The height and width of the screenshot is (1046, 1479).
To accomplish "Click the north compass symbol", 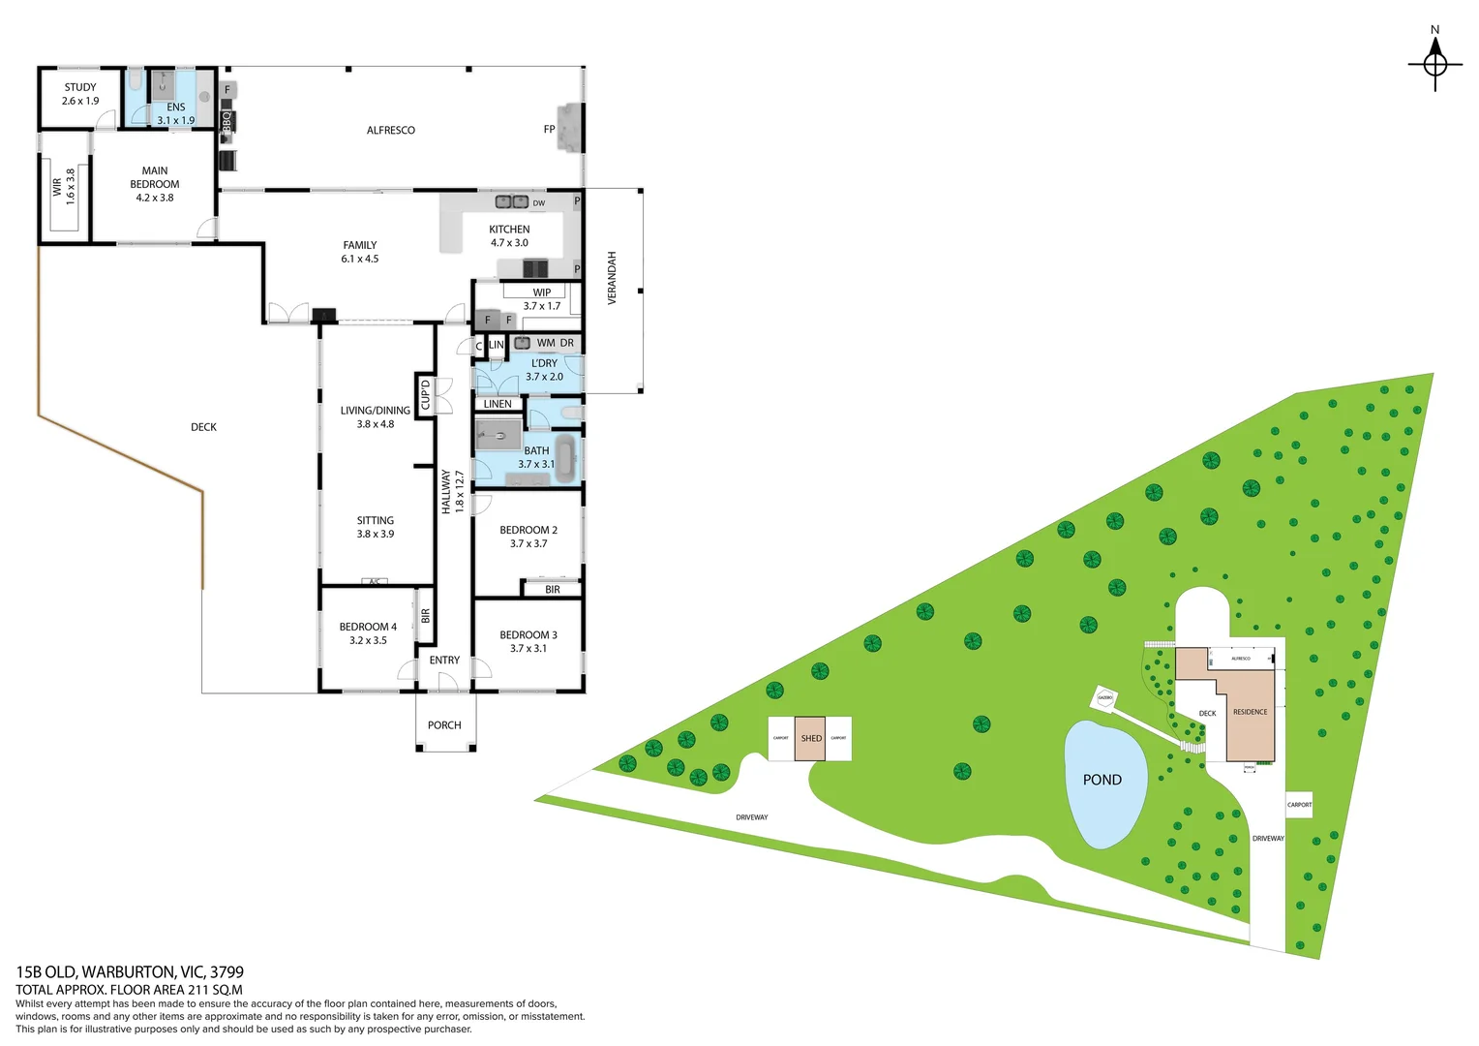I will pos(1434,64).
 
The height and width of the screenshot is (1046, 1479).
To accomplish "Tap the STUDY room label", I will pos(80,94).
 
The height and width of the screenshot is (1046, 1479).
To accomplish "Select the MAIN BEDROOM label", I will pos(155,184).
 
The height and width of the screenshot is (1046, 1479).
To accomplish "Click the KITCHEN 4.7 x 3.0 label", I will pos(509,236).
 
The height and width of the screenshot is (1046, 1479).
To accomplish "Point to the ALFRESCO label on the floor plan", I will pos(391,130).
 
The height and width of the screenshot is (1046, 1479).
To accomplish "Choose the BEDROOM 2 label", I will pos(528,537).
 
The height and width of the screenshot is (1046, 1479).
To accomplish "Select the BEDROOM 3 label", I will pos(528,641).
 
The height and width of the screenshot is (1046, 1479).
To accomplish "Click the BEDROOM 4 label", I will pos(368,633).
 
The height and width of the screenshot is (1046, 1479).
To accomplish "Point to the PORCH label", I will pos(444,724).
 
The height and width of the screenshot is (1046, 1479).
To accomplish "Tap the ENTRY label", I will pos(444,661).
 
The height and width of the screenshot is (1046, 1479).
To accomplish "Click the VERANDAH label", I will pos(612,279).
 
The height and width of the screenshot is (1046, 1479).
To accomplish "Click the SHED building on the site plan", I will pos(811,738).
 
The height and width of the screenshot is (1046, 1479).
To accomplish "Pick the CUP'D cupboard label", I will pos(425,394).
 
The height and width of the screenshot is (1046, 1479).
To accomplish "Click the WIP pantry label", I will pos(541,292).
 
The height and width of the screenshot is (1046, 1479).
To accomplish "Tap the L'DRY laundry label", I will pos(544,370).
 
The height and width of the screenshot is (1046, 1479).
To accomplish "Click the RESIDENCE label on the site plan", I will pos(1250,712).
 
